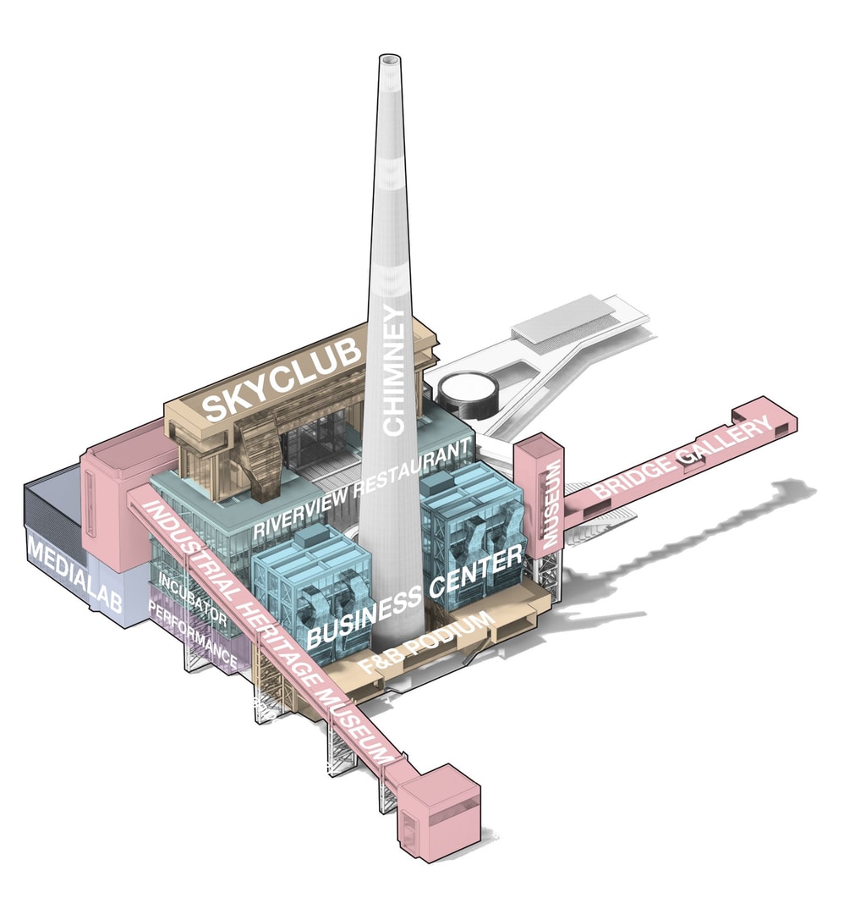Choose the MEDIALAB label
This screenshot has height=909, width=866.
click(75, 576)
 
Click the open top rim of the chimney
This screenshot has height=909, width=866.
click(389, 61)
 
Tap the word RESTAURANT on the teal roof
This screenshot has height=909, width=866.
click(412, 470)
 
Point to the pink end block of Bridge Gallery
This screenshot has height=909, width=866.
click(766, 417)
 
